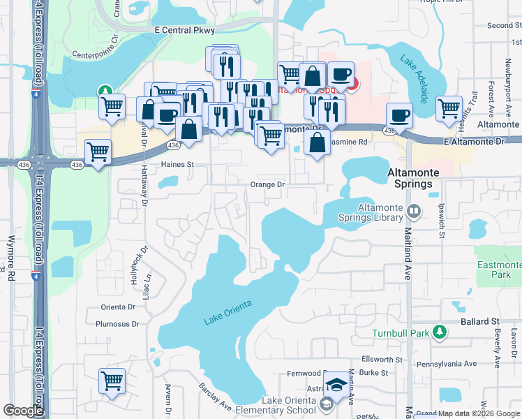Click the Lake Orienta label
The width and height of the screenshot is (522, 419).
(228, 312)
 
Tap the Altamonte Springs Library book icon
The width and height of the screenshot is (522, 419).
(413, 210)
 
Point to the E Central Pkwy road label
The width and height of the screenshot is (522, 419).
(185, 31)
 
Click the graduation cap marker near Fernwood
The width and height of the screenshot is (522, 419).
(337, 383)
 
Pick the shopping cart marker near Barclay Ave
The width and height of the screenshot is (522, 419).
(112, 381)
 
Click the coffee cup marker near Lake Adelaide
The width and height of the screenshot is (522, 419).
(399, 115)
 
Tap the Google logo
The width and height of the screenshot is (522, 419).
(23, 411)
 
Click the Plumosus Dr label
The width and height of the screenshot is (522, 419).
(118, 323)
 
